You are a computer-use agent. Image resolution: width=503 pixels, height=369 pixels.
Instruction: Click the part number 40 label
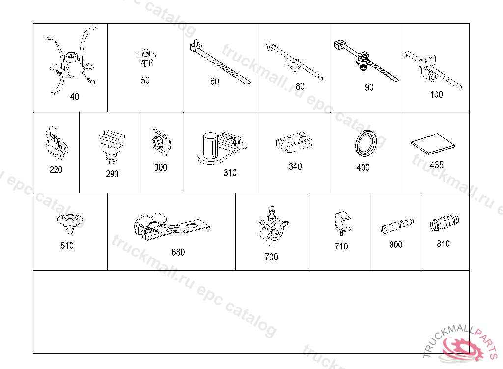(75, 96)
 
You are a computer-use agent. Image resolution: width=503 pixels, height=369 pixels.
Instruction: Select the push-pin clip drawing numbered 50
(146, 58)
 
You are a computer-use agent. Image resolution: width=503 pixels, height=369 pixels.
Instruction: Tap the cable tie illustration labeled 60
(220, 62)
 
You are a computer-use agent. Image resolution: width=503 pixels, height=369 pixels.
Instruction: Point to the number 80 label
(300, 86)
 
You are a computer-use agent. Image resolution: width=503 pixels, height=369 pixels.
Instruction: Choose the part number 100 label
(436, 94)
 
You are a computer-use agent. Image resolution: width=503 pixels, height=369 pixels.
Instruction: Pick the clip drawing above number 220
(57, 143)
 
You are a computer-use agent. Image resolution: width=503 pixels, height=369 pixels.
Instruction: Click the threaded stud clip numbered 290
(112, 147)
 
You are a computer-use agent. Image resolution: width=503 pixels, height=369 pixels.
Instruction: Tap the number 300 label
(161, 167)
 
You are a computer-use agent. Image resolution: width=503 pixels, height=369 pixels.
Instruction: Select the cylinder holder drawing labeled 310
(222, 148)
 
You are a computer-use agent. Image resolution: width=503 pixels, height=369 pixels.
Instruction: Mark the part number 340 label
(295, 166)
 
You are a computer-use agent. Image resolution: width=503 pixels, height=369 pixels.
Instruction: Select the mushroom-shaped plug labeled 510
(70, 224)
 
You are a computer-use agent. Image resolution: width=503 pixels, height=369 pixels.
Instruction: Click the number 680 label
(178, 252)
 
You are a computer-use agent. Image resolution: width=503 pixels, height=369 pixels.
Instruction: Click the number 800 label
(396, 245)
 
